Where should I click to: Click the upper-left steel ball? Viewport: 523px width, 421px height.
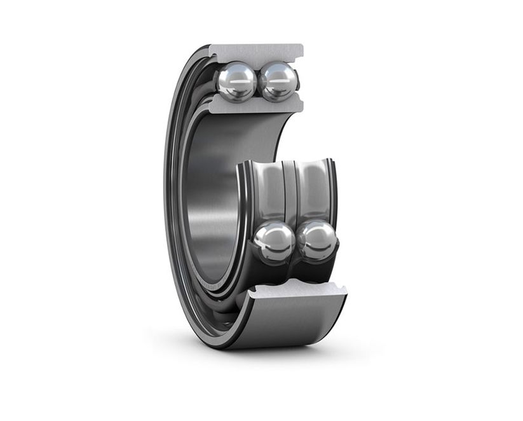coord(236,81)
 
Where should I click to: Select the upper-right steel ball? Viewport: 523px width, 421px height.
coord(278,81)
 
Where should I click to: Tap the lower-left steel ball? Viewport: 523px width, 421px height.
coord(274,241)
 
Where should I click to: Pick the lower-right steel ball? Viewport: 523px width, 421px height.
coord(317,240)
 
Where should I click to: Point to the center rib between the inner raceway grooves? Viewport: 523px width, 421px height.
coord(290,191)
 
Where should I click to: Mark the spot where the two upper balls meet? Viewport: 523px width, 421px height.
coord(257,82)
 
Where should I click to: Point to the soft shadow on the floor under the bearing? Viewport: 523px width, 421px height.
coord(267,356)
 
